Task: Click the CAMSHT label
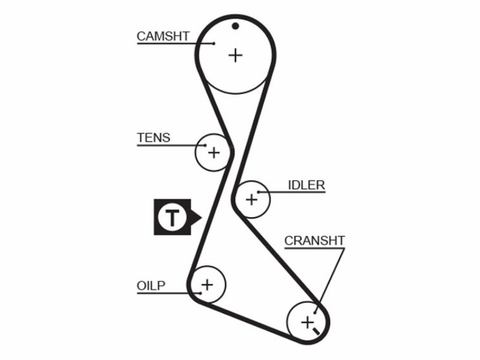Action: coord(163,36)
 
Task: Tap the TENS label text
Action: coord(154,138)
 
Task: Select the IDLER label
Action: coord(307,185)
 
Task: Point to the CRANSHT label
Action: coord(314,241)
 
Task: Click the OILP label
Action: coord(151,286)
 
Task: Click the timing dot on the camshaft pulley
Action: coord(235,26)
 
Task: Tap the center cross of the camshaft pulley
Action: coord(235,55)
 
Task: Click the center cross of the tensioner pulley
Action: coord(214,152)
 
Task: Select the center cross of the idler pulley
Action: coord(251,200)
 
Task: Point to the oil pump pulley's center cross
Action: coord(207,284)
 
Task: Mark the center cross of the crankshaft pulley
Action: coord(307,322)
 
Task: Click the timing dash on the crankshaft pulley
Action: coord(316,331)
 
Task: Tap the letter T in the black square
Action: coord(172,217)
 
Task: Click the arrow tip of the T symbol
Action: coord(202,218)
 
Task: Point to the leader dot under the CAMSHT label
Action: coord(214,43)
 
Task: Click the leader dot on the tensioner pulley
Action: coord(205,145)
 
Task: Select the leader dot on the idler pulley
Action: coord(259,192)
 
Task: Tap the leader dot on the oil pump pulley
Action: coord(200,293)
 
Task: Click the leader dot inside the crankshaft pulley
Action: coord(314,313)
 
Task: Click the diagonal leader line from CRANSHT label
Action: coord(329,280)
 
